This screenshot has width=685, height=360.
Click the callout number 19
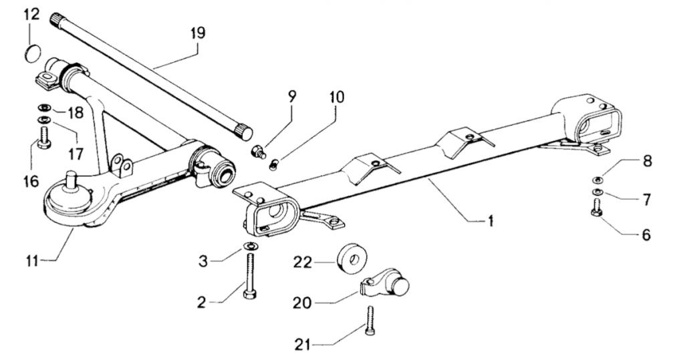(x=197, y=33)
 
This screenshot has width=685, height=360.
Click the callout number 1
(x=491, y=220)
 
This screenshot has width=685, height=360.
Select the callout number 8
(x=647, y=161)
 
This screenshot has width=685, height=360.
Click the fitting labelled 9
(x=257, y=153)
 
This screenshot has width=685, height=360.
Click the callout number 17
(x=76, y=154)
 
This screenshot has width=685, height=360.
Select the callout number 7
(x=647, y=199)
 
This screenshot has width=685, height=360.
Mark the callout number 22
(x=303, y=262)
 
